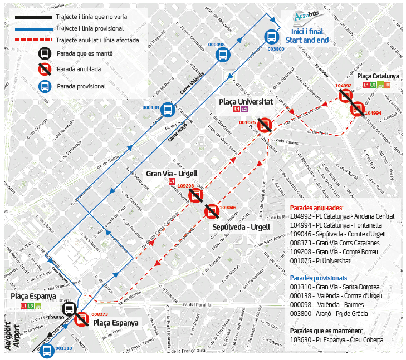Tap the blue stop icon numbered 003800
click(x=271, y=37)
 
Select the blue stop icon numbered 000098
click(x=223, y=55)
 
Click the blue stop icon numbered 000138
click(x=167, y=110)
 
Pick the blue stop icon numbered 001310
click(x=47, y=351)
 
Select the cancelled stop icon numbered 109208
click(x=195, y=195)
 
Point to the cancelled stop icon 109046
click(x=212, y=211)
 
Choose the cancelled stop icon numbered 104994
click(x=357, y=109)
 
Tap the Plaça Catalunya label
click(x=378, y=76)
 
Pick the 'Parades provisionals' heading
click(x=319, y=278)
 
